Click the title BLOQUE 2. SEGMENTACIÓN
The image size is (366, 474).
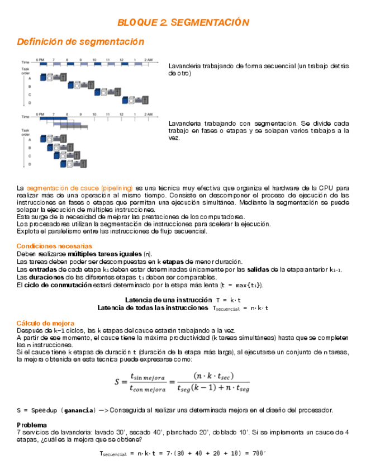pyautogui.click(x=183, y=22)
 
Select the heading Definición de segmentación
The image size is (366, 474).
pyautogui.click(x=80, y=42)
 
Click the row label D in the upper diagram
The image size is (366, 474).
pyautogui.click(x=30, y=103)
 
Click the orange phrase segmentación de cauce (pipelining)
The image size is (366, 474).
pyautogui.click(x=79, y=188)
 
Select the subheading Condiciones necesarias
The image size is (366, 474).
pyautogui.click(x=54, y=246)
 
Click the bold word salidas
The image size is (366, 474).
pyautogui.click(x=257, y=269)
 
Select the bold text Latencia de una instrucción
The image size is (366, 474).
pyautogui.click(x=168, y=300)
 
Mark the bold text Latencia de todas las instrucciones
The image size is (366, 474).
pyautogui.click(x=153, y=307)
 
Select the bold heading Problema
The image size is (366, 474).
pyautogui.click(x=32, y=425)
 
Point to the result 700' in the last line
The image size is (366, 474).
pyautogui.click(x=259, y=454)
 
